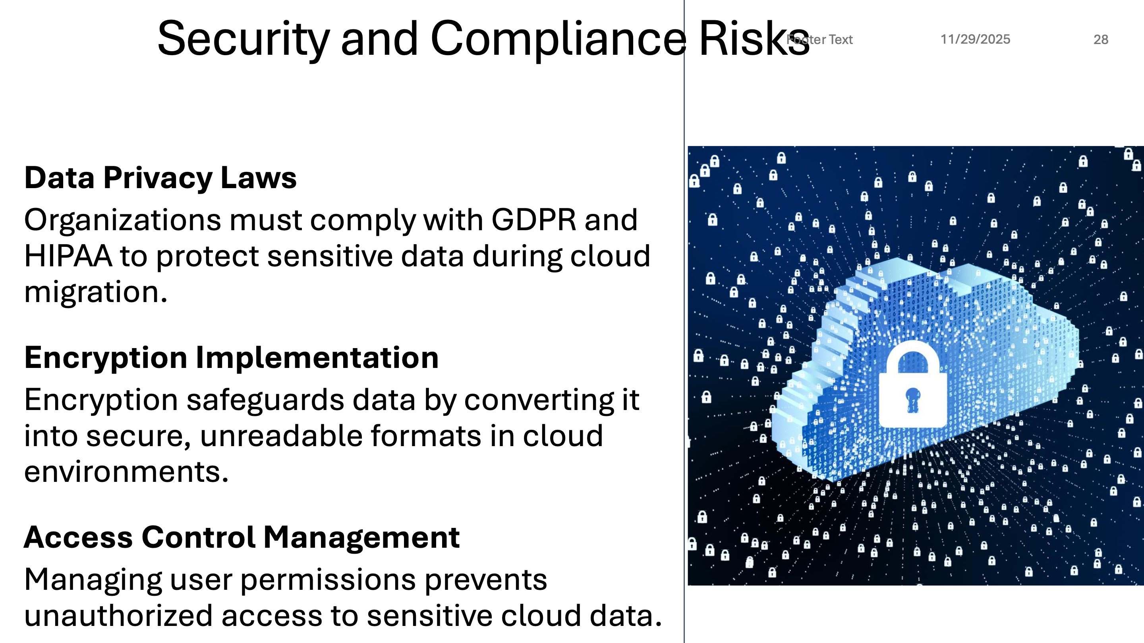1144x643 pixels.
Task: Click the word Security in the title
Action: [x=243, y=39]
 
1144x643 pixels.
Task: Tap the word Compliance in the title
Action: [x=558, y=39]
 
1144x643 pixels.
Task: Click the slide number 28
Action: [x=1101, y=40]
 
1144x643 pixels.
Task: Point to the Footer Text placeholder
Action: [x=819, y=40]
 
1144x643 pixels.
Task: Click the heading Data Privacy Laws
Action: [x=160, y=178]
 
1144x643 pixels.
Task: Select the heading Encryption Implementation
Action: [x=231, y=358]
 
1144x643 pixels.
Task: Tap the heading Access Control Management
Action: [x=242, y=537]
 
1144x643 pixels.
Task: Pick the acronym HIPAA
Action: [x=68, y=256]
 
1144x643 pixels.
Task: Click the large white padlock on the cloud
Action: [x=913, y=385]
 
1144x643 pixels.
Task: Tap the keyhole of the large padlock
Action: [x=913, y=399]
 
